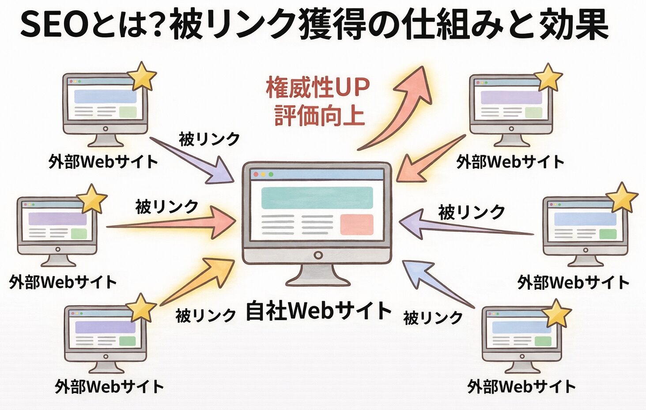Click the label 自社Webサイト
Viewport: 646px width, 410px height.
point(318,310)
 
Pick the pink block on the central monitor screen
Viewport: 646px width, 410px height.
point(356,224)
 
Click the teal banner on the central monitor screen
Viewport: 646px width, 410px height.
point(317,198)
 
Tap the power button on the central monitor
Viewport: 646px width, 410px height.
point(317,256)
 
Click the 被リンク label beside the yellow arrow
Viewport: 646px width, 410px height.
point(206,316)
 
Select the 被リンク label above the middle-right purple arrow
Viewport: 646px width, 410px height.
point(471,212)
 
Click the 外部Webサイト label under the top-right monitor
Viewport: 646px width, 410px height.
point(510,162)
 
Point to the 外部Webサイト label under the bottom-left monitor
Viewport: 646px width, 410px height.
point(109,387)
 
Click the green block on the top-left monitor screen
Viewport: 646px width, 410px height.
point(128,112)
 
